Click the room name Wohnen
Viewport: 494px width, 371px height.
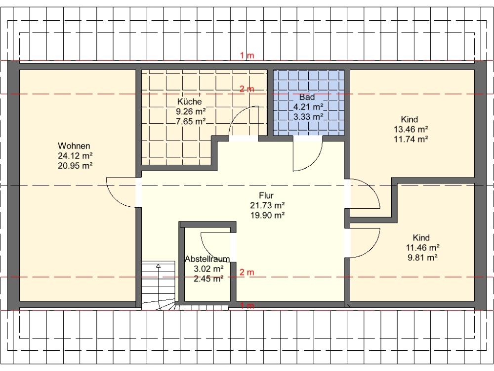(x=74, y=146)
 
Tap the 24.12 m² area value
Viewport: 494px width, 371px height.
(x=75, y=155)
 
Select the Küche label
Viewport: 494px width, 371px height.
(x=189, y=101)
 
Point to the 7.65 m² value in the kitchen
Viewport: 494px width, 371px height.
(x=191, y=121)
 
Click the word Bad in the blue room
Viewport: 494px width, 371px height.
(x=307, y=97)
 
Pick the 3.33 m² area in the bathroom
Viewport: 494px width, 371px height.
(x=308, y=117)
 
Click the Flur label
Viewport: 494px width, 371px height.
(x=266, y=195)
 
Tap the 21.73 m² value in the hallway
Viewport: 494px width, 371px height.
(x=267, y=205)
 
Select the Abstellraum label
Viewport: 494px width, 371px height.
(x=207, y=259)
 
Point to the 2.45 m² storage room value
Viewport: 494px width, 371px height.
(x=208, y=278)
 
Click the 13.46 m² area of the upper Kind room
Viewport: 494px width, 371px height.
(x=411, y=129)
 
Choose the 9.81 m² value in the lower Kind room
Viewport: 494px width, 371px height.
(x=422, y=257)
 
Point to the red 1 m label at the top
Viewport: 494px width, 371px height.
(x=247, y=55)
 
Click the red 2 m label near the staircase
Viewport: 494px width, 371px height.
(x=247, y=272)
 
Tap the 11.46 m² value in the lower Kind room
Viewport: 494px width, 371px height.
(x=422, y=248)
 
